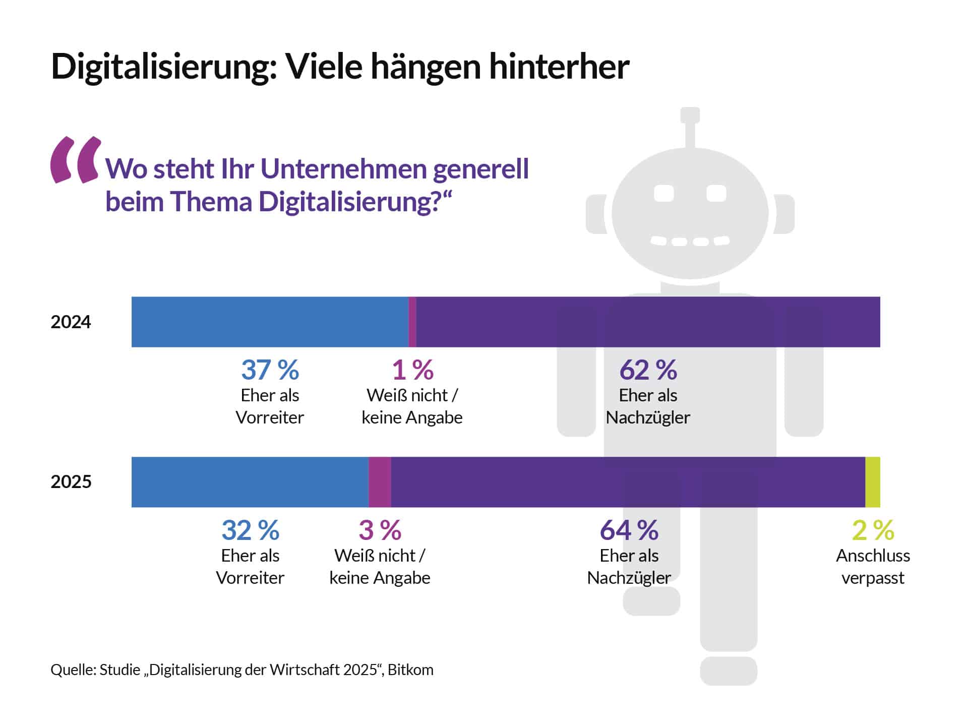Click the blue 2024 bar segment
[x=270, y=322]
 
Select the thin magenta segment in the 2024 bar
[x=412, y=322]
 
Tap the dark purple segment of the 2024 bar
[x=648, y=322]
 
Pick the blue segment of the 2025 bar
[x=250, y=482]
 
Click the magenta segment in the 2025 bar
[x=380, y=482]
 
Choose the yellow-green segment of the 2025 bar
[x=873, y=482]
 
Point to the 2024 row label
[x=71, y=322]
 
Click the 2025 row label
[x=71, y=482]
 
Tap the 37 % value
[x=270, y=370]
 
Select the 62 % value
[x=648, y=370]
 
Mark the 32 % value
[x=250, y=530]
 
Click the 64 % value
[x=629, y=530]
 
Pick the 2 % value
[x=873, y=530]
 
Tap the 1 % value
[x=412, y=370]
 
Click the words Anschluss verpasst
[x=873, y=567]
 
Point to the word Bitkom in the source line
[x=410, y=670]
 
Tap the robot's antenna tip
[x=690, y=115]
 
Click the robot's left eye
[x=663, y=193]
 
